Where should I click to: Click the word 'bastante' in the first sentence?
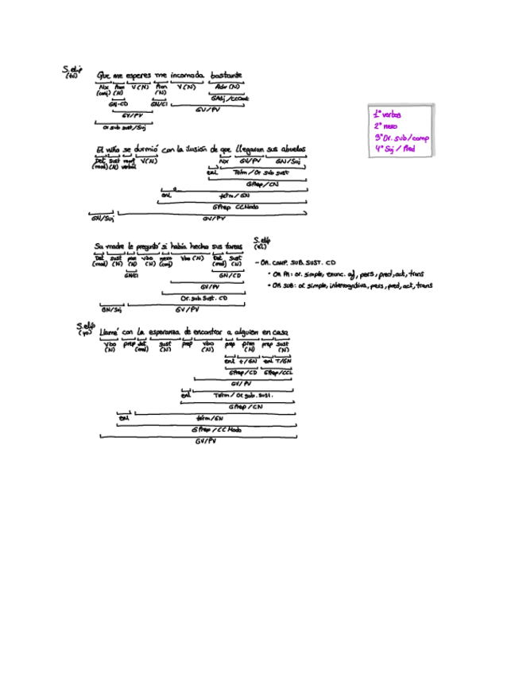pyautogui.click(x=227, y=75)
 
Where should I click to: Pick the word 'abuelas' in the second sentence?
pyautogui.click(x=292, y=149)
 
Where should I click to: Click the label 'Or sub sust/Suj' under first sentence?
pyautogui.click(x=123, y=126)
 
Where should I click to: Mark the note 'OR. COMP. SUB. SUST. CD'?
pyautogui.click(x=298, y=261)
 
